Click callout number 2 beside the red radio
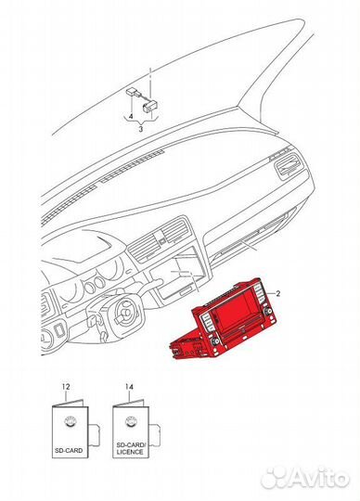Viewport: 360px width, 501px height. point(278,293)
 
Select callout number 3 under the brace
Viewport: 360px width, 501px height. point(141,129)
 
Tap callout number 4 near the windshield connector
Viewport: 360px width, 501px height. point(130,117)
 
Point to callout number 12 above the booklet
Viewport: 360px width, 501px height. point(66,387)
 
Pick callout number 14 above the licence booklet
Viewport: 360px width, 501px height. point(129,387)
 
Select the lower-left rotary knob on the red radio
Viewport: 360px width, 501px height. point(216,341)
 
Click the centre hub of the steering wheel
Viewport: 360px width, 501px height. point(124,312)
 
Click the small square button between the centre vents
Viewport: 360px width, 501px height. point(162,241)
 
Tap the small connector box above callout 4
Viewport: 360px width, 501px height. point(131,91)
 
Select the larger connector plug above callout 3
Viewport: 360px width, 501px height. point(150,107)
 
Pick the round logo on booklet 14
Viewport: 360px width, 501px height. point(131,422)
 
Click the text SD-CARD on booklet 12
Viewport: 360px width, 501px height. point(69,451)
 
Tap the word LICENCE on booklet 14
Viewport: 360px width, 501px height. point(130,452)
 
